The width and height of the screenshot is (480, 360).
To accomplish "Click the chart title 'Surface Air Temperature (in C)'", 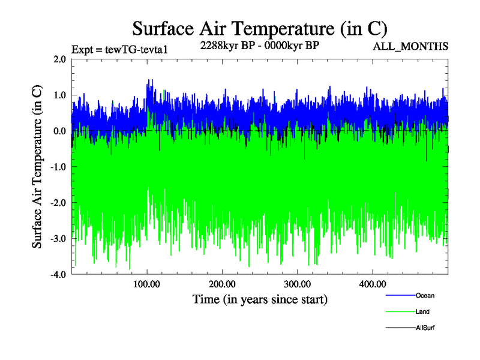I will tap(259, 28).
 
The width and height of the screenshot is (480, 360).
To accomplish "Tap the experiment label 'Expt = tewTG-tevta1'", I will tap(119, 49).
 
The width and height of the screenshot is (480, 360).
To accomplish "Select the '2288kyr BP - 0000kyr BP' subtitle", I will tap(259, 46).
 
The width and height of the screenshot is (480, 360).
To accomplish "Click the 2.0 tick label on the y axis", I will tap(59, 59).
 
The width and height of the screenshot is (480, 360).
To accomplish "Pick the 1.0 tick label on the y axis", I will tap(59, 95).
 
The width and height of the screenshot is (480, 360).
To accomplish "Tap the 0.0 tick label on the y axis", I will tap(59, 131).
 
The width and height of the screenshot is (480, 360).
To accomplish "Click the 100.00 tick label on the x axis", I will tap(147, 284).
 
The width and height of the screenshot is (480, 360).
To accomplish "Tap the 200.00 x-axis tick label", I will tap(222, 284).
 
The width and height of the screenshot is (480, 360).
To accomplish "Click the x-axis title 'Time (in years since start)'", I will tap(260, 299).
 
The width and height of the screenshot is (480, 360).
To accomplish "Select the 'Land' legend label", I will tap(422, 311).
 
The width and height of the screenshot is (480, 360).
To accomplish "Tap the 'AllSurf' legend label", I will tap(425, 328).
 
